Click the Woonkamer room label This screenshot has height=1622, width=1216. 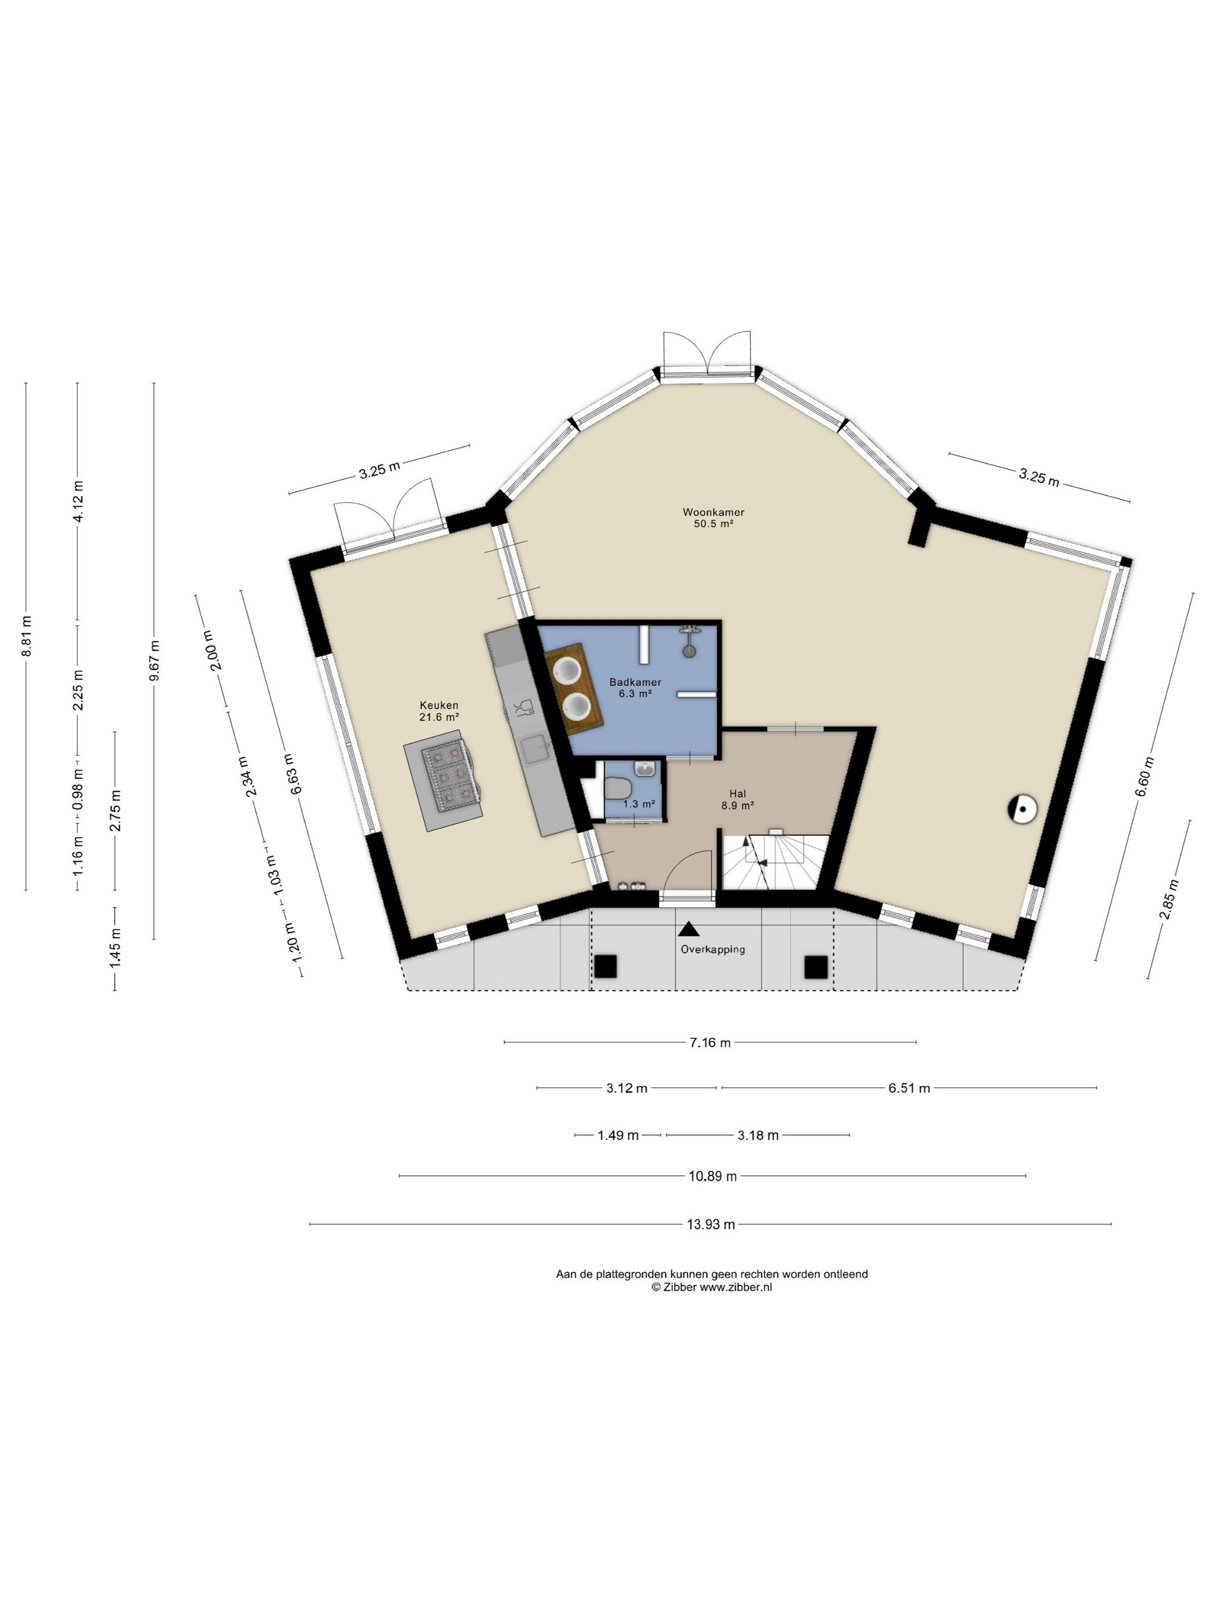pyautogui.click(x=713, y=512)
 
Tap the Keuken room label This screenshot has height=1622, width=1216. pyautogui.click(x=439, y=706)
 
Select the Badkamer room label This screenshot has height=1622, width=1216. pyautogui.click(x=635, y=682)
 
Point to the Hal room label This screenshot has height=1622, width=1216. pyautogui.click(x=737, y=794)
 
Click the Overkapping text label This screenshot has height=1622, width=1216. pyautogui.click(x=712, y=949)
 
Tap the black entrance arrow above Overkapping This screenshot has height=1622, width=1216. pyautogui.click(x=688, y=929)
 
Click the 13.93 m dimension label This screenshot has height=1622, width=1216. pyautogui.click(x=710, y=1224)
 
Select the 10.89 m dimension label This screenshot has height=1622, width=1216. pyautogui.click(x=712, y=1176)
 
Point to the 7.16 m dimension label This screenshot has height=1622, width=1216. pyautogui.click(x=709, y=1043)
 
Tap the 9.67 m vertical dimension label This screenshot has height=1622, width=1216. pyautogui.click(x=154, y=661)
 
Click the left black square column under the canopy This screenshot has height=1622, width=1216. pyautogui.click(x=606, y=966)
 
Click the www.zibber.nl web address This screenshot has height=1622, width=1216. pyautogui.click(x=735, y=1287)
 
